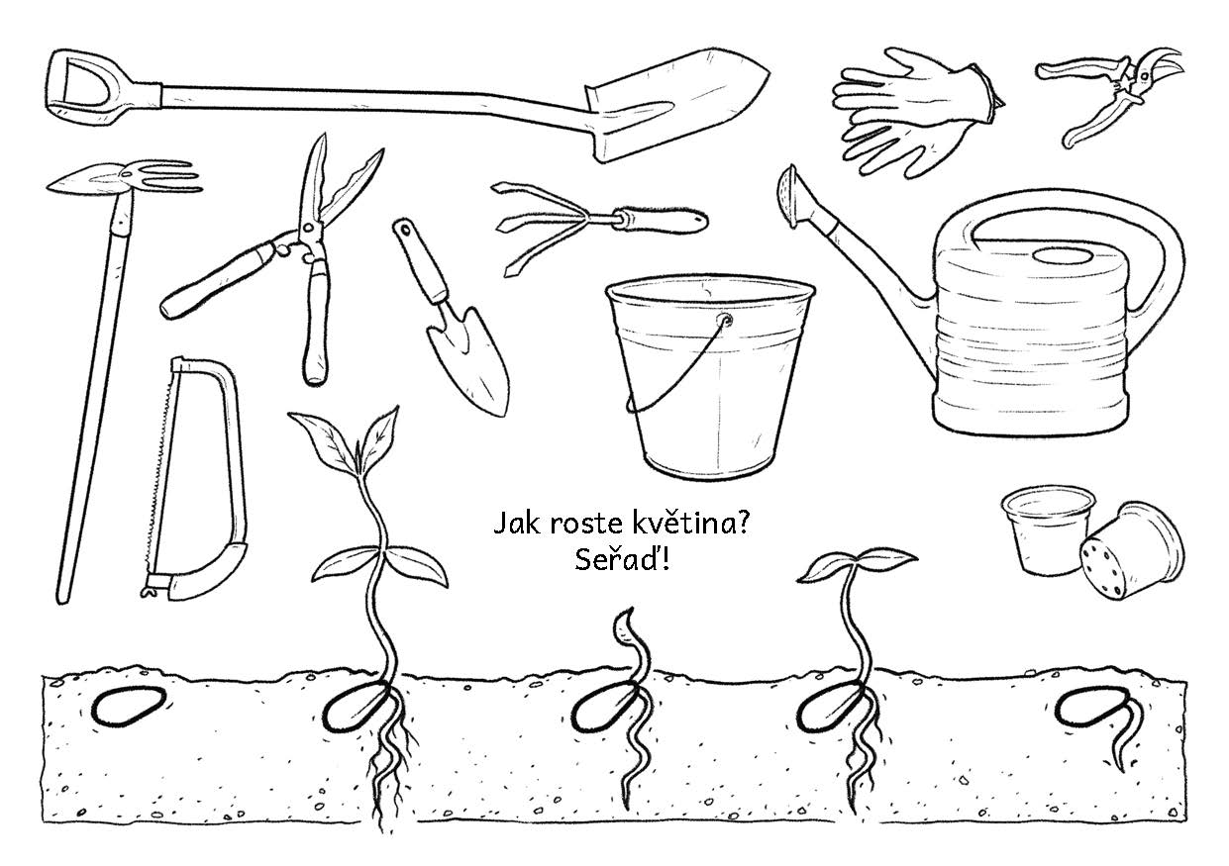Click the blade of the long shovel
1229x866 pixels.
coord(674,104)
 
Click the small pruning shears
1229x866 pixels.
coord(1108,93)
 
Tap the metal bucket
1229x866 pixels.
coord(709,378)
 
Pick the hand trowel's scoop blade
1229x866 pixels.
coord(469,359)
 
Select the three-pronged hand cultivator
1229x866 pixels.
coord(598,225)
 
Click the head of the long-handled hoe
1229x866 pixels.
coord(125,177)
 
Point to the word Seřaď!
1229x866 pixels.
coord(622,560)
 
